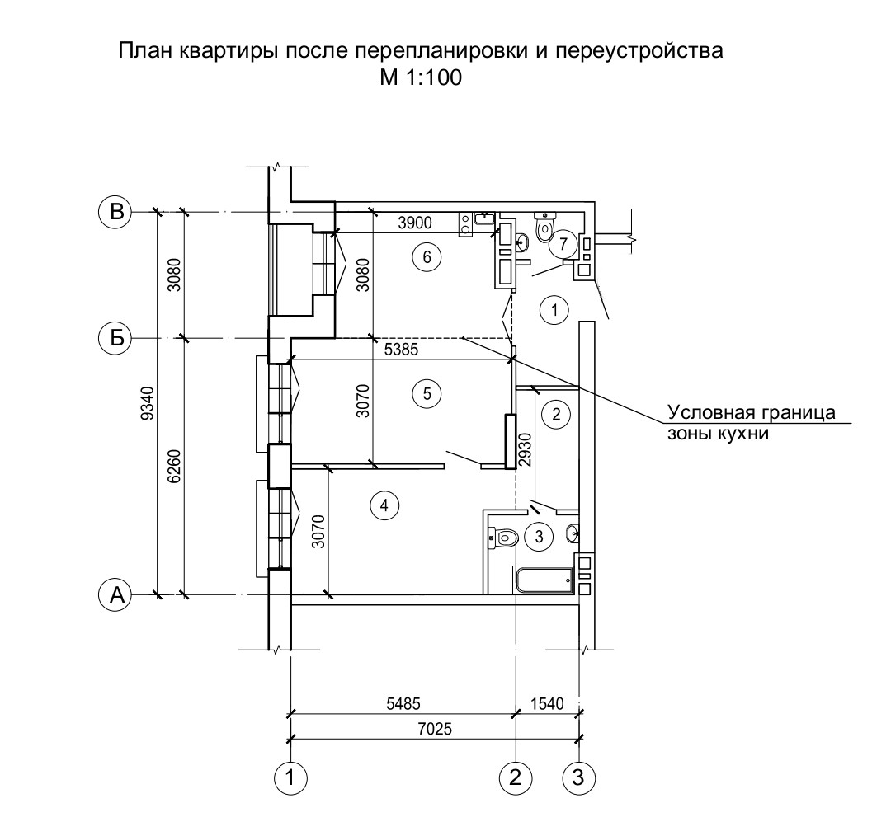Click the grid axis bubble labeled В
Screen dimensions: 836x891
pyautogui.click(x=116, y=212)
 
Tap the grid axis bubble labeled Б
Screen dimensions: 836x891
pyautogui.click(x=116, y=338)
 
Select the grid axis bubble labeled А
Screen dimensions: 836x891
pyautogui.click(x=116, y=594)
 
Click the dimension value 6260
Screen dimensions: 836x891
pyautogui.click(x=174, y=467)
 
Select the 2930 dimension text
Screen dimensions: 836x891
pyautogui.click(x=526, y=448)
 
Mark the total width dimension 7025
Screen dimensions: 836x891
pyautogui.click(x=437, y=728)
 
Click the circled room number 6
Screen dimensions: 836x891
pyautogui.click(x=427, y=257)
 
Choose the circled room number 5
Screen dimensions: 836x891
pyautogui.click(x=427, y=394)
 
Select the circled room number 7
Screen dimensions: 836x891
pyautogui.click(x=563, y=243)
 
